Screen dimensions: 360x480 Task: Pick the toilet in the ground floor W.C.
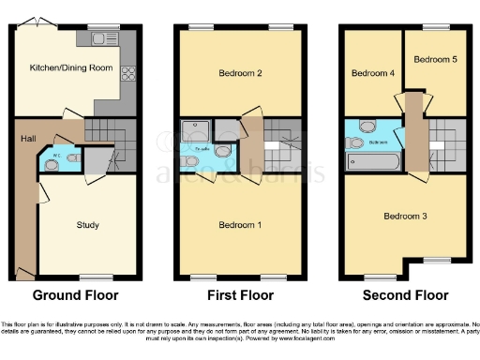tap(52, 164)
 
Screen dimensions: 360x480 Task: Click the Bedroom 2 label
tap(239, 72)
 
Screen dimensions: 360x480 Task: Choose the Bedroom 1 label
tap(239, 225)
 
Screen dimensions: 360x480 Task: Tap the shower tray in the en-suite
tap(197, 131)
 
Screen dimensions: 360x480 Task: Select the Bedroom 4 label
tap(370, 72)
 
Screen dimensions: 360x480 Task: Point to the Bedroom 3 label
tap(405, 217)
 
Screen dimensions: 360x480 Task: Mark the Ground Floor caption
tap(76, 294)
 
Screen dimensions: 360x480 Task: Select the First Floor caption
tap(239, 294)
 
